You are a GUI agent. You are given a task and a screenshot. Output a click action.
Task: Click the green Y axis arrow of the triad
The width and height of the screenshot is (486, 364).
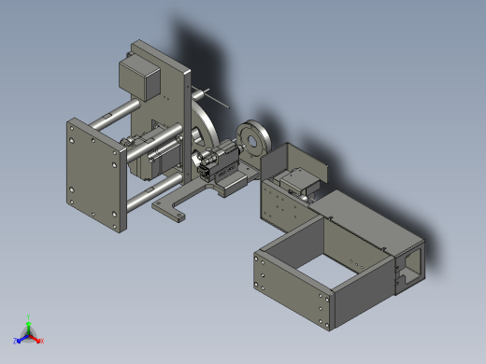click(x=29, y=320)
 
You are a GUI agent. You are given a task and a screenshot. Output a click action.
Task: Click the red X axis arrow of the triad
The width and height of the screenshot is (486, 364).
click(x=39, y=340)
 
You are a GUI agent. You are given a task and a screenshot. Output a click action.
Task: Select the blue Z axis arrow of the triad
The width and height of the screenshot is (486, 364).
click(x=19, y=340)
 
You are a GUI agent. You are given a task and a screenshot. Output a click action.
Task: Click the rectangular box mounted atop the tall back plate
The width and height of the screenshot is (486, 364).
click(x=139, y=73)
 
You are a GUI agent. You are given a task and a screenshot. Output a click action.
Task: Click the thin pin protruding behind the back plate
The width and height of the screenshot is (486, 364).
click(x=214, y=96)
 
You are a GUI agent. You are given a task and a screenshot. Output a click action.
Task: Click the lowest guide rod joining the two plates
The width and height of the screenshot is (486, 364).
click(x=140, y=198)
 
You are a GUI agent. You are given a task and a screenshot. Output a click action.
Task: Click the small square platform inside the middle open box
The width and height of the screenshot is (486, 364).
click(x=302, y=177)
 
